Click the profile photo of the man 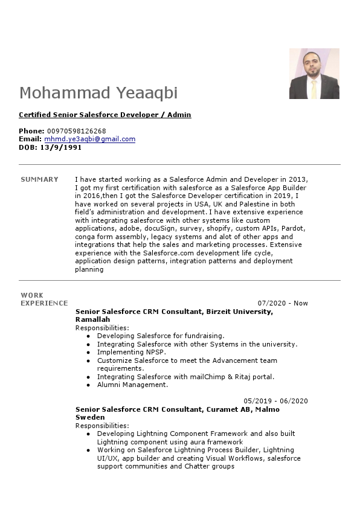point(314,73)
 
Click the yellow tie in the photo point(313,89)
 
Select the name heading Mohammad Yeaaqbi point(98,93)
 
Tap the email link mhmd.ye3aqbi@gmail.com point(89,139)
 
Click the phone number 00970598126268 point(76,131)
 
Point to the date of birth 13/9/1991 point(60,147)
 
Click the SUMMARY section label point(39,179)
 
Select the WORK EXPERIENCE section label point(43,299)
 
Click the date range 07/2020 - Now point(283,303)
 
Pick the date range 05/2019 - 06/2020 point(275,401)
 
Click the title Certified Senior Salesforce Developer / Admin point(105,115)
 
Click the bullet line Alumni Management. point(132,385)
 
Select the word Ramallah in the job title point(92,319)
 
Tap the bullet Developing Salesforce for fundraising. point(161,336)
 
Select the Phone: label point(31,131)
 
